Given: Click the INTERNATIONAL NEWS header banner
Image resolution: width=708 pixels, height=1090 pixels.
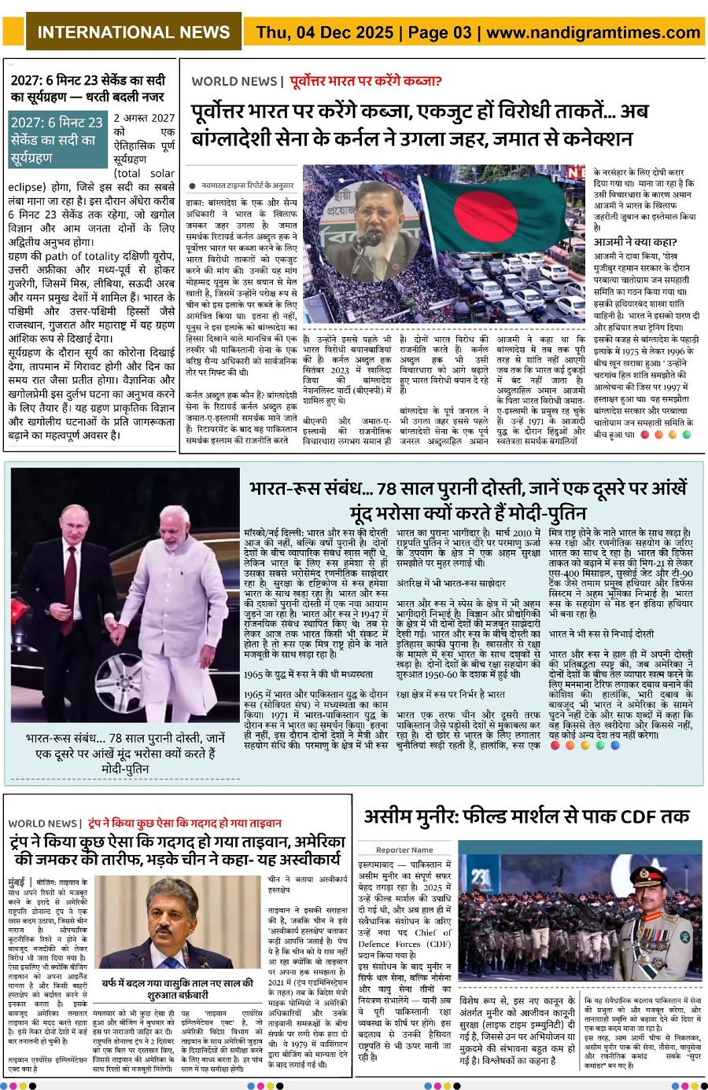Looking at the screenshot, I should pyautogui.click(x=134, y=32).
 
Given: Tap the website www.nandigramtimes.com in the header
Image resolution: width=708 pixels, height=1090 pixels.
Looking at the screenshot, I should pyautogui.click(x=593, y=32).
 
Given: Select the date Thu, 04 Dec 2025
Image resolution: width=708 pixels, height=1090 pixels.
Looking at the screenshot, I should pyautogui.click(x=325, y=32).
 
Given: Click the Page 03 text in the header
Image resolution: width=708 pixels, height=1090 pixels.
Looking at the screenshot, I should pyautogui.click(x=440, y=32).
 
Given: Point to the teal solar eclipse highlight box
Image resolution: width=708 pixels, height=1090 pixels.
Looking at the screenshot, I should pyautogui.click(x=57, y=140).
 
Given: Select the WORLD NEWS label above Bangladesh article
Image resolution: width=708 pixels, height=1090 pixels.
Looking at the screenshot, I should pyautogui.click(x=234, y=81).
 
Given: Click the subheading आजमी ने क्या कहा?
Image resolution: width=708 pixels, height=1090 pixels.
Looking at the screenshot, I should pyautogui.click(x=635, y=242).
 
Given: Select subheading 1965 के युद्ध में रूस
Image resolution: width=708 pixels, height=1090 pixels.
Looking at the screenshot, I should pyautogui.click(x=308, y=674).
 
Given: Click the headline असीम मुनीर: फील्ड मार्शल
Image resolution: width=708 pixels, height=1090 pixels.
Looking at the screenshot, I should pyautogui.click(x=525, y=817).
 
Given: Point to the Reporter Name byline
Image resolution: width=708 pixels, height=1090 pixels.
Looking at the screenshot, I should pyautogui.click(x=404, y=850).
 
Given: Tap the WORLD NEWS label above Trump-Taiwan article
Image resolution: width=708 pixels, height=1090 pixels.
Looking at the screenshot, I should pyautogui.click(x=42, y=823).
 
